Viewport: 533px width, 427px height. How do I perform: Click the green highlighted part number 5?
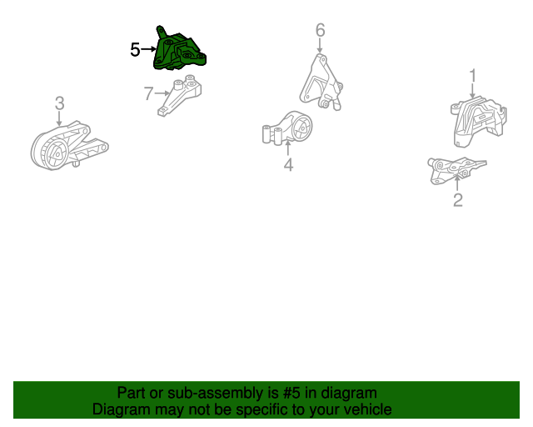tap(178, 50)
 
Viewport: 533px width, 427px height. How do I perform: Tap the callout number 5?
tap(135, 50)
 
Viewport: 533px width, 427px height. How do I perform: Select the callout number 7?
tap(148, 93)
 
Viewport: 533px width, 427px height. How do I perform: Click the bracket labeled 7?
tap(180, 96)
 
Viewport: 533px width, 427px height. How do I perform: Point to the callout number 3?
tap(59, 103)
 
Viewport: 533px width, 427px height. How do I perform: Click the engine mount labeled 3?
tap(69, 145)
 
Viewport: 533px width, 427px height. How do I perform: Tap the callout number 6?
tap(320, 30)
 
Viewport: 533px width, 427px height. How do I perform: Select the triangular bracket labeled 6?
tap(321, 82)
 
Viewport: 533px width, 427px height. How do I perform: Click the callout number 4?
tap(288, 165)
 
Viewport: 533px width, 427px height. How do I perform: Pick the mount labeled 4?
tap(287, 128)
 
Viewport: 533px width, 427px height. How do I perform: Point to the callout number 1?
tap(473, 76)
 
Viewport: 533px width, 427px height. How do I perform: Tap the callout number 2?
tap(458, 200)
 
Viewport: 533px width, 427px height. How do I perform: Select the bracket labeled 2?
tap(457, 171)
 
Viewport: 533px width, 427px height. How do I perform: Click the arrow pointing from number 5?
tap(148, 49)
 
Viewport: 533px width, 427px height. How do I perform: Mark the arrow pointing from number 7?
tap(162, 93)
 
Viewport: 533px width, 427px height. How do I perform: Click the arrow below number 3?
tap(59, 118)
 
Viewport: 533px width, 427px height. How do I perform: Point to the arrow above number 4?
tap(288, 148)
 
